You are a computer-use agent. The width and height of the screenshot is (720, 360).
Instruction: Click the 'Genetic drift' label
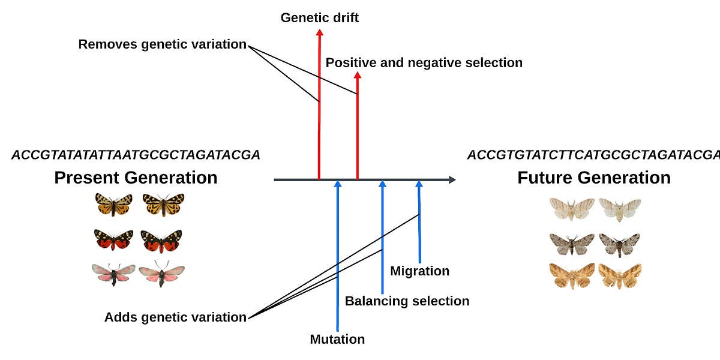pyautogui.click(x=319, y=17)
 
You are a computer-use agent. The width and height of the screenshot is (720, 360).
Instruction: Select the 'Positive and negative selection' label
pyautogui.click(x=424, y=62)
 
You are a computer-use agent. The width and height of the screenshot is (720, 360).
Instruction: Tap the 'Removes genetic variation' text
pyautogui.click(x=162, y=44)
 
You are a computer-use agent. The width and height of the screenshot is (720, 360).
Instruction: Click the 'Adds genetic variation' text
pyautogui.click(x=175, y=317)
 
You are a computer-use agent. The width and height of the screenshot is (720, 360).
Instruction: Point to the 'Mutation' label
pyautogui.click(x=337, y=339)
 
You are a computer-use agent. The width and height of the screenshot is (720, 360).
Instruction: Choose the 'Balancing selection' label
pyautogui.click(x=407, y=301)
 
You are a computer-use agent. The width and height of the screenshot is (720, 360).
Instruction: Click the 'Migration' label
pyautogui.click(x=419, y=271)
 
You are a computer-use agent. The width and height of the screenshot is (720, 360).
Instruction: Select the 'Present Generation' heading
pyautogui.click(x=136, y=178)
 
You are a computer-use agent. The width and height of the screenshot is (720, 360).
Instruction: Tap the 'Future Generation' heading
pyautogui.click(x=593, y=178)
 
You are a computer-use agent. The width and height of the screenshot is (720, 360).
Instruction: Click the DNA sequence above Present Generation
pyautogui.click(x=136, y=155)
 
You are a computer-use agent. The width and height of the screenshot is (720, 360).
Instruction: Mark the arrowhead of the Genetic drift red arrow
pyautogui.click(x=319, y=32)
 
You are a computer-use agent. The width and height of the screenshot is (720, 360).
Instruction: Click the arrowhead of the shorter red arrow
pyautogui.click(x=358, y=76)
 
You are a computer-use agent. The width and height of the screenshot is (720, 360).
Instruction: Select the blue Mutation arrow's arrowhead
pyautogui.click(x=338, y=184)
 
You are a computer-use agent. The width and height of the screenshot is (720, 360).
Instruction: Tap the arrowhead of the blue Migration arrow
pyautogui.click(x=419, y=184)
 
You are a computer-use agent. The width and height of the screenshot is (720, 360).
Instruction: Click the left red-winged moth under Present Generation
pyautogui.click(x=113, y=239)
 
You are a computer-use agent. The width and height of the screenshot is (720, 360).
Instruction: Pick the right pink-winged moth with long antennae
pyautogui.click(x=162, y=273)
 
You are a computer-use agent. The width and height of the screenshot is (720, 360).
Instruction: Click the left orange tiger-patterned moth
pyautogui.click(x=113, y=205)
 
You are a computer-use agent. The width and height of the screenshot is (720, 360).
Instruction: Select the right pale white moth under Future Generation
pyautogui.click(x=620, y=208)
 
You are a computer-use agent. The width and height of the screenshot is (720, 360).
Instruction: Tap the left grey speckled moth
pyautogui.click(x=572, y=243)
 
